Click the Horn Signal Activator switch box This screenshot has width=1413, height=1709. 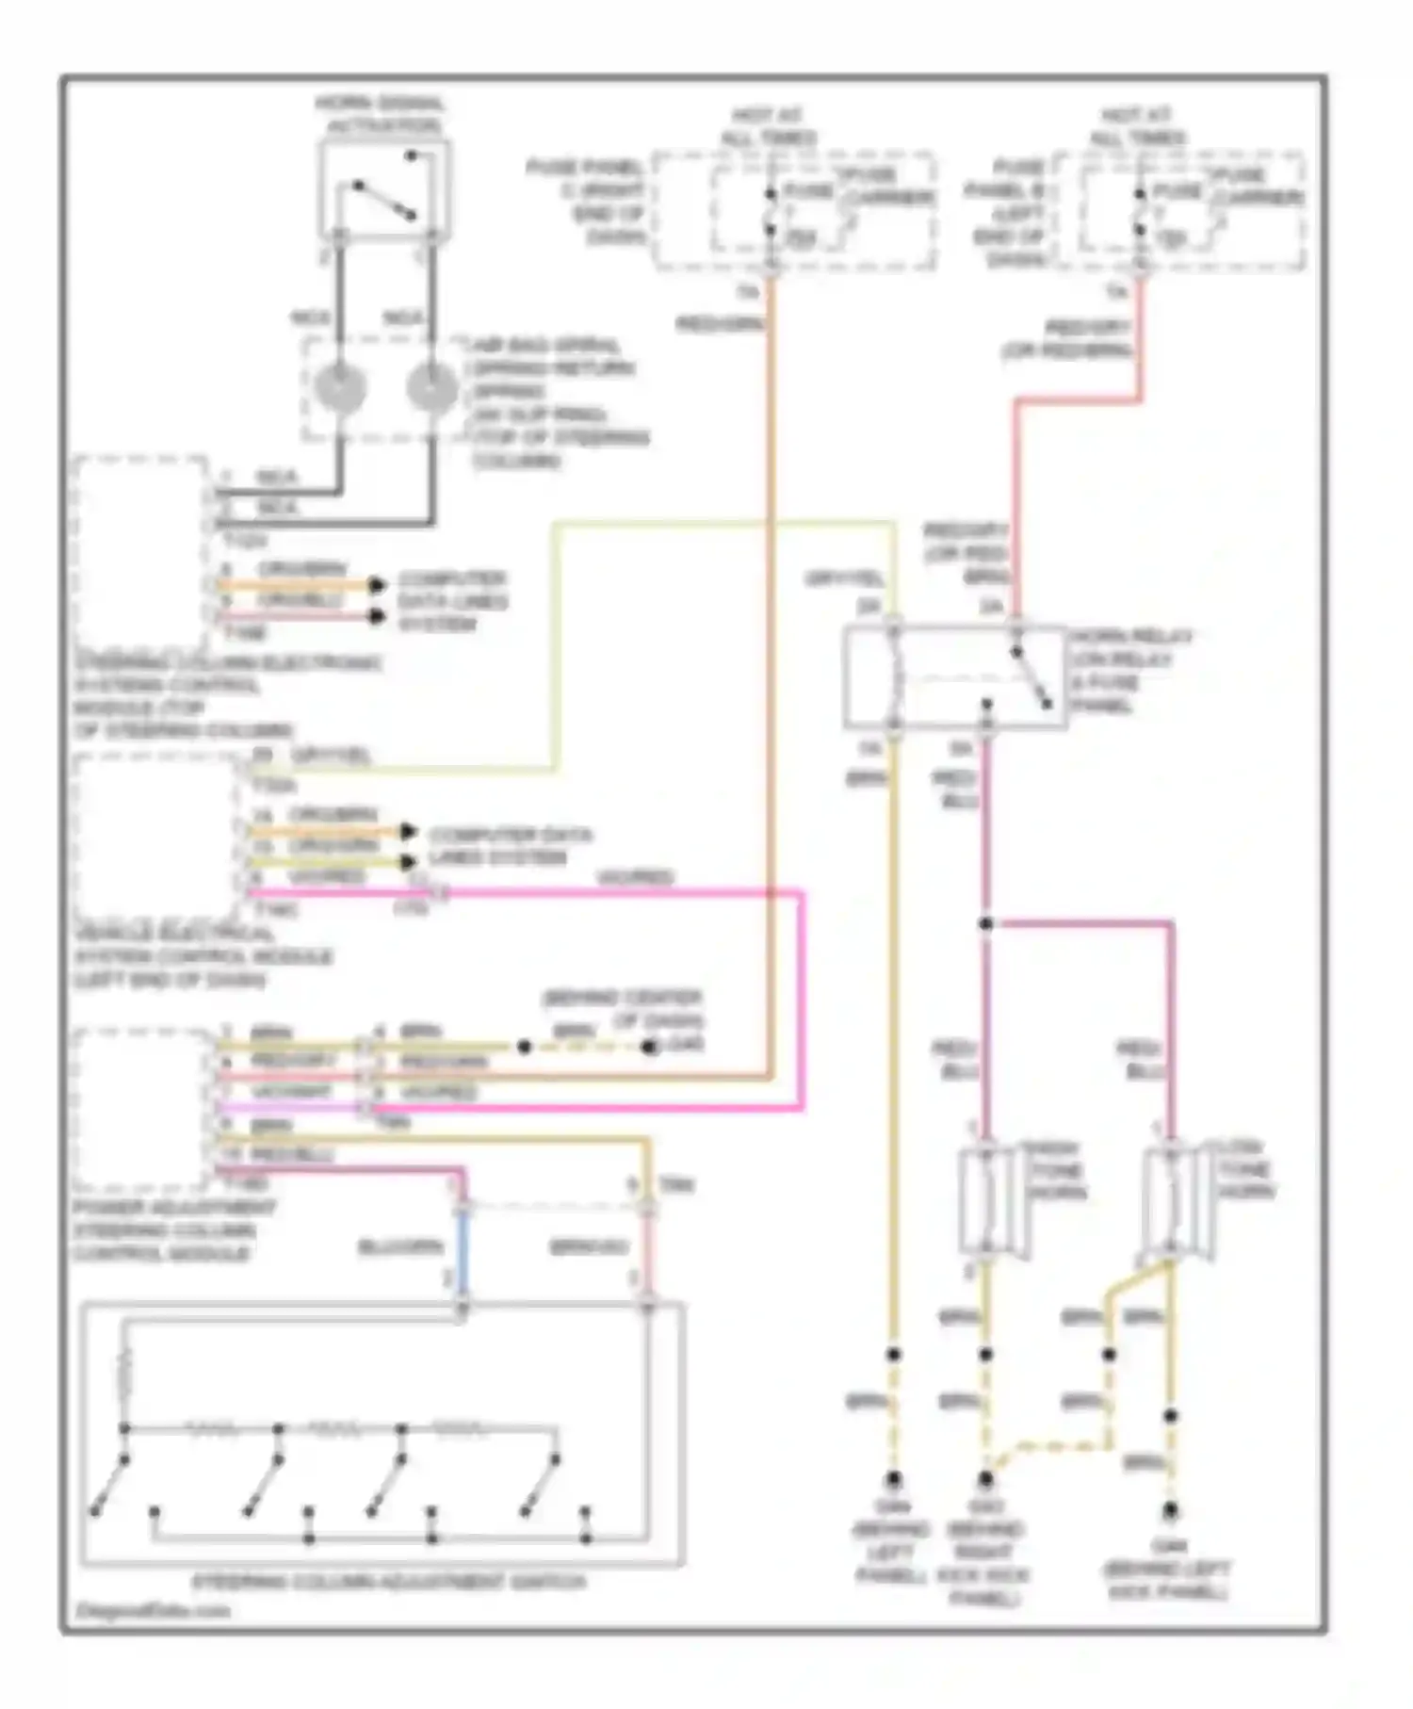(384, 191)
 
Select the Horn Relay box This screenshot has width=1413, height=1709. (954, 677)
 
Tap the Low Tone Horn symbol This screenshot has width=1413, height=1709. (1171, 1201)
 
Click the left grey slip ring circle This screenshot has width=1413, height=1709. (340, 387)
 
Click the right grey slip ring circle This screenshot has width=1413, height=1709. (431, 387)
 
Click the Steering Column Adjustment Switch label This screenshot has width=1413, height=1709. (388, 1582)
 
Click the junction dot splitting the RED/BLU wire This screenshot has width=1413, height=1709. (986, 924)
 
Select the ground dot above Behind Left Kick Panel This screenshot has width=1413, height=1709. (1170, 1510)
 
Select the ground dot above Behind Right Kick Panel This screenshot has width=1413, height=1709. (986, 1480)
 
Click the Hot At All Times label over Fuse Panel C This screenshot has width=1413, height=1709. (768, 126)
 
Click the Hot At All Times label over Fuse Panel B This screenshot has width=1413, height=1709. (1137, 126)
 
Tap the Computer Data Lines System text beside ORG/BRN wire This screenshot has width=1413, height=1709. (452, 602)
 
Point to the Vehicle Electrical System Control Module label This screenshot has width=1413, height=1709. (203, 957)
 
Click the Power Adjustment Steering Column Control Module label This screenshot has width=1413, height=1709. (174, 1230)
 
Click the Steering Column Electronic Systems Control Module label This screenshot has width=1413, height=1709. (226, 697)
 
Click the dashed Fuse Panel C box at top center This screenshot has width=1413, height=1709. (796, 212)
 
